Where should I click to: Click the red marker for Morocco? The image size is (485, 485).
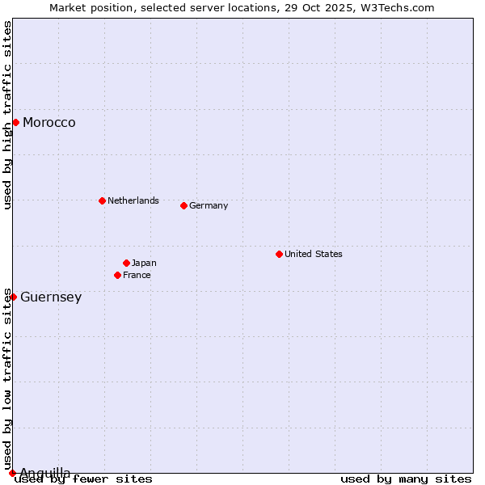15,122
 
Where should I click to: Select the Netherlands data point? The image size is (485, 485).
102,200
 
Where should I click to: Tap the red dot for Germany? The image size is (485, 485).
183,205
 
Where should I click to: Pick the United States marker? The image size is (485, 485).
279,254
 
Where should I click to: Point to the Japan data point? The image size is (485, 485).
126,263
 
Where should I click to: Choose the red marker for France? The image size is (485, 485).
117,275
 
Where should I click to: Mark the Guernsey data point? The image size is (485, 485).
13,297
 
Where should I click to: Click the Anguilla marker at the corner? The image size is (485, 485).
12,473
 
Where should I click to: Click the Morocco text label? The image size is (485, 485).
49,123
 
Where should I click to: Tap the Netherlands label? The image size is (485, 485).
133,200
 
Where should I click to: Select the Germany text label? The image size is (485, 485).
209,205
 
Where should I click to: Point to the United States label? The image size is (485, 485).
314,254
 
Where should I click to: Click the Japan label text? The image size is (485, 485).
144,263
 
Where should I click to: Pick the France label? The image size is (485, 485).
137,275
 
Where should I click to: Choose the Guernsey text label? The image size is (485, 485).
51,297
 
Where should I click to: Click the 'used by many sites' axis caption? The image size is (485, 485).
406,479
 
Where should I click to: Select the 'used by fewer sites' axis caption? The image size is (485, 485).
84,479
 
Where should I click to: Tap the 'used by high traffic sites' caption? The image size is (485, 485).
7,115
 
